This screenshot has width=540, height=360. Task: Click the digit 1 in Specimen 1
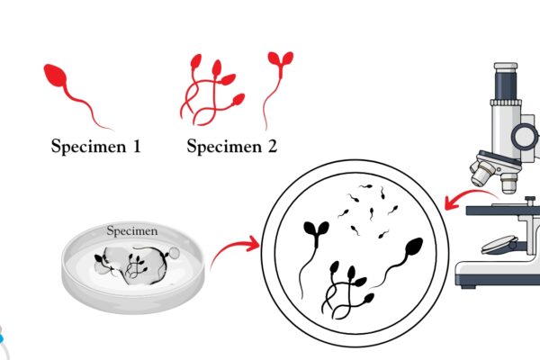click(x=137, y=146)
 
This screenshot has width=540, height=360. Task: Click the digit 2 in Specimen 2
click(x=272, y=146)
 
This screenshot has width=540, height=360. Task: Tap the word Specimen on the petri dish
click(x=132, y=230)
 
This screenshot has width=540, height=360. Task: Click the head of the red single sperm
click(x=55, y=75)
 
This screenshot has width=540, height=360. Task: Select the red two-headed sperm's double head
click(x=281, y=58)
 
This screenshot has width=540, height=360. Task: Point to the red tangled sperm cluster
click(x=212, y=90)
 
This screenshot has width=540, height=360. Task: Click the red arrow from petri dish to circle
click(x=235, y=248)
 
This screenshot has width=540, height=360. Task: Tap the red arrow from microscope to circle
click(x=470, y=195)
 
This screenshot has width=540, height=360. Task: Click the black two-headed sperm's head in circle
click(x=316, y=229)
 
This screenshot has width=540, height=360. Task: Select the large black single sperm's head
click(x=413, y=247)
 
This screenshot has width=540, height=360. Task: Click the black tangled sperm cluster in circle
click(x=347, y=290)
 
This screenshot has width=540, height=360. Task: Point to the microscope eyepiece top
click(x=506, y=66)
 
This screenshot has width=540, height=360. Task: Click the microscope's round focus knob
click(x=524, y=136)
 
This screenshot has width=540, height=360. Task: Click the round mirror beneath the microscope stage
click(x=499, y=245)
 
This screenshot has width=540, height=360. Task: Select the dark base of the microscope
click(x=498, y=280)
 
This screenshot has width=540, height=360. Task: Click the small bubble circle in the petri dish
click(x=174, y=253)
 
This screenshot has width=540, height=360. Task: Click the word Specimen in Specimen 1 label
click(x=89, y=147)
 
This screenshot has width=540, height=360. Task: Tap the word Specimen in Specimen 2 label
click(x=224, y=147)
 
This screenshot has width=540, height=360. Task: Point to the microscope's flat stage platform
click(x=503, y=210)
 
